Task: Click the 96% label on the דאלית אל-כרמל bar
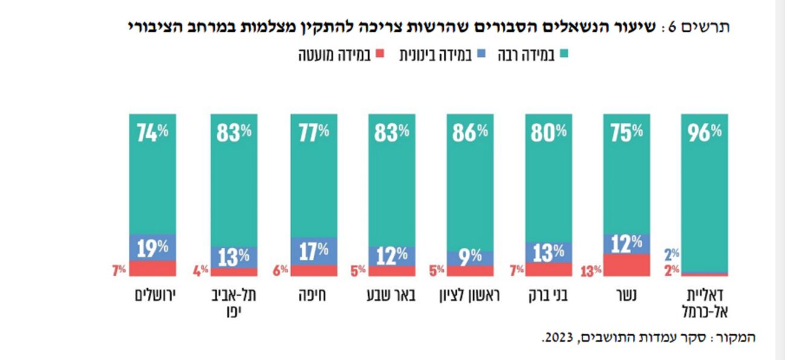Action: tap(704, 133)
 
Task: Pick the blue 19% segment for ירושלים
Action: tap(152, 247)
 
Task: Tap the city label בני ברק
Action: tap(548, 296)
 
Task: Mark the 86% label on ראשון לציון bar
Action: tap(470, 133)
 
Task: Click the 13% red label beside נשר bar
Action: tap(592, 270)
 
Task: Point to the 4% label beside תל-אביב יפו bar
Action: tap(200, 270)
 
